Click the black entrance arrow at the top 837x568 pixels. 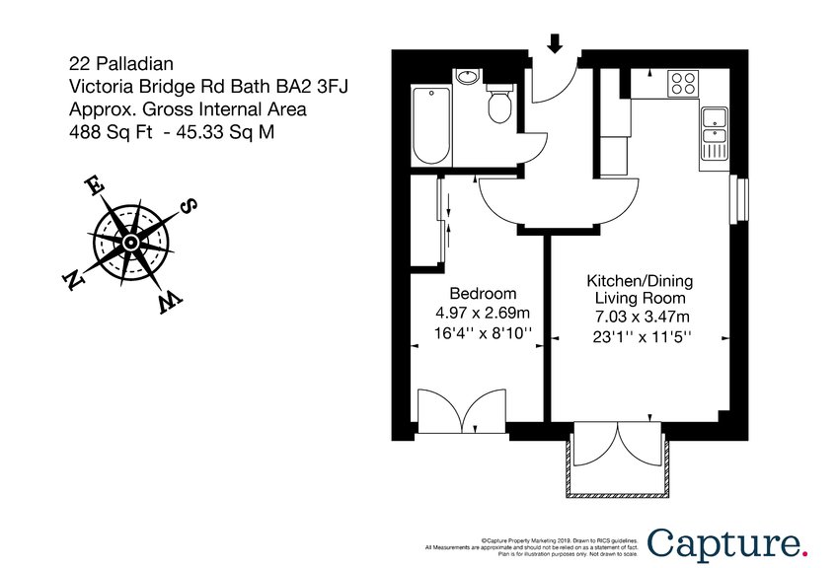coord(555,42)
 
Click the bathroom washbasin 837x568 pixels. coord(468,79)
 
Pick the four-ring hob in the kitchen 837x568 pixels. coord(683,83)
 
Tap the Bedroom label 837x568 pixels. coord(483,293)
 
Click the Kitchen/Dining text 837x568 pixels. coord(640,280)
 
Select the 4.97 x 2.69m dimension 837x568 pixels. coord(483,313)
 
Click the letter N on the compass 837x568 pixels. coord(71,281)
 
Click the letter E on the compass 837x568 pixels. coord(94,185)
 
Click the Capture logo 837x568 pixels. coord(726,543)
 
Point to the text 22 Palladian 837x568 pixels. coord(113,63)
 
